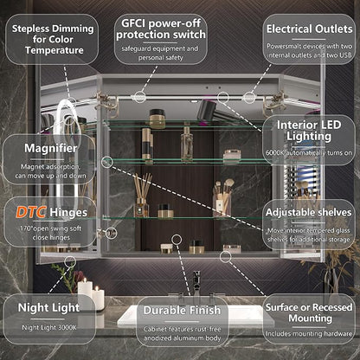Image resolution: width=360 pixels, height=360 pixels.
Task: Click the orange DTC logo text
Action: coord(30,212)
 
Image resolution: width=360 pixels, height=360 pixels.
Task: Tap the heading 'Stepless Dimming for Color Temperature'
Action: coord(53,39)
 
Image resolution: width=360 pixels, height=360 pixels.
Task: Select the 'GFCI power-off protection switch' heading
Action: coord(161,29)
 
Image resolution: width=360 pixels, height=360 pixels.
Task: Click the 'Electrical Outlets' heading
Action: coord(309,29)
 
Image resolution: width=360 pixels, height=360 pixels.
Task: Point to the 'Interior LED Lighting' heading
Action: coord(309,131)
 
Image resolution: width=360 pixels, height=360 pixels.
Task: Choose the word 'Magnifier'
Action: coord(51,148)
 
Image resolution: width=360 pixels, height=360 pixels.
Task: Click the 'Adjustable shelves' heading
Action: coord(309,212)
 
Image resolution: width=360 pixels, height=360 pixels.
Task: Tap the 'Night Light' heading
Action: coord(48,308)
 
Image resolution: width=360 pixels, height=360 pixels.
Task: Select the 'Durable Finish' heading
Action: coord(182,311)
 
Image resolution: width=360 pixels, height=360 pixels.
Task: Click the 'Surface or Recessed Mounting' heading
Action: coord(309,312)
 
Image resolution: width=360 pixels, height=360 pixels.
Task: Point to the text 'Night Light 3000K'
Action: coord(49,328)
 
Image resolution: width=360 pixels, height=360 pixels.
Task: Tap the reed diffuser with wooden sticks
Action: coord(142,196)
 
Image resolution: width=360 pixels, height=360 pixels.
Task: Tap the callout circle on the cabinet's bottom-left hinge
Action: coord(111,233)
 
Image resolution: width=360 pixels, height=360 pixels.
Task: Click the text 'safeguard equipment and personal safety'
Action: coord(160,53)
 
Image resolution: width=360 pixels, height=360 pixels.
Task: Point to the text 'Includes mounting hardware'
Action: coord(309,334)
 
